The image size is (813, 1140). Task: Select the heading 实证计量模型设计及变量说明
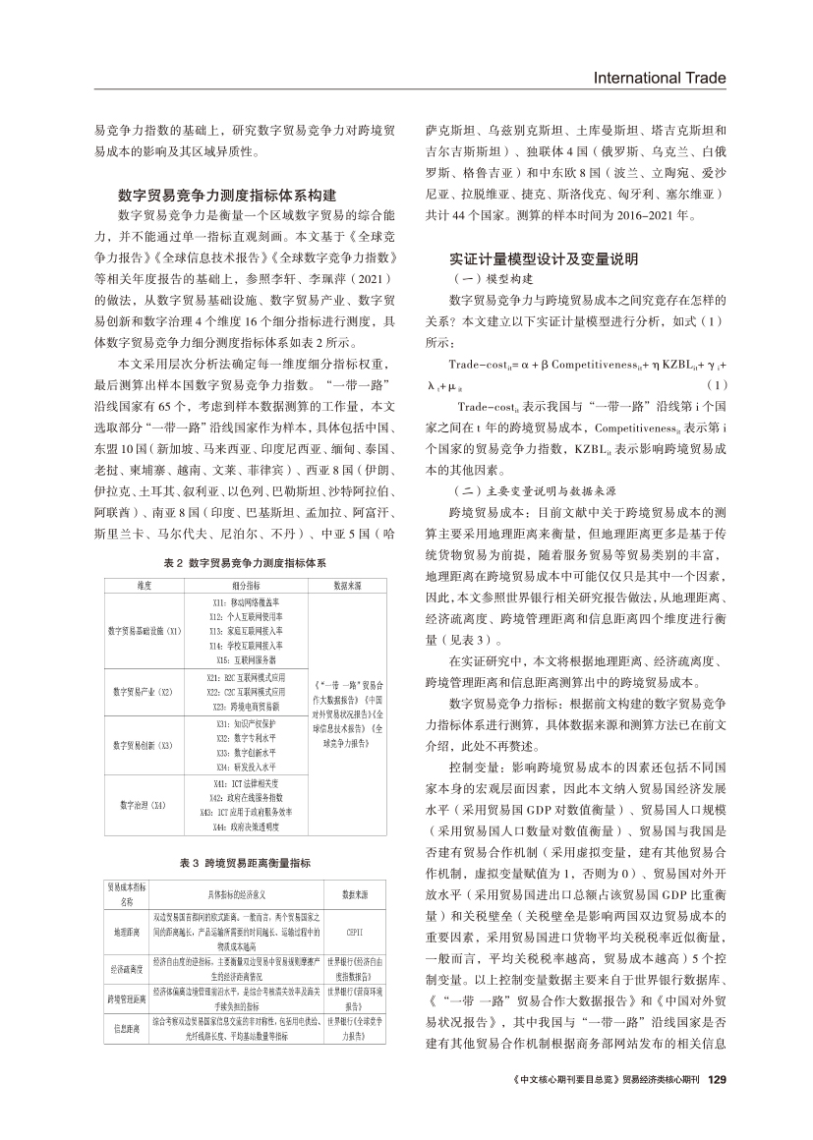tap(544, 259)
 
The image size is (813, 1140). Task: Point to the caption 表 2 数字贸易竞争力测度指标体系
tap(244, 563)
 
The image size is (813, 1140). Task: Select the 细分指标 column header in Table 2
tap(247, 586)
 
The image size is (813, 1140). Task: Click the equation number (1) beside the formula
tap(718, 384)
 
